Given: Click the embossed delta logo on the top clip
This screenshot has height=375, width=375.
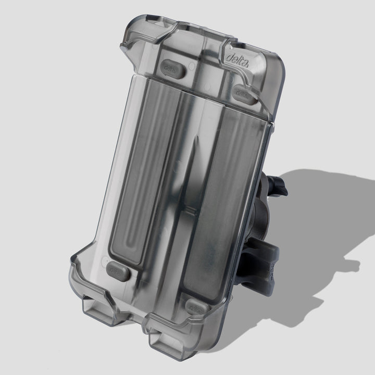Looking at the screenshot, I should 238,60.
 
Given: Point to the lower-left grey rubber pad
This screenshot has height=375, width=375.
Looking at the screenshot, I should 118,271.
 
